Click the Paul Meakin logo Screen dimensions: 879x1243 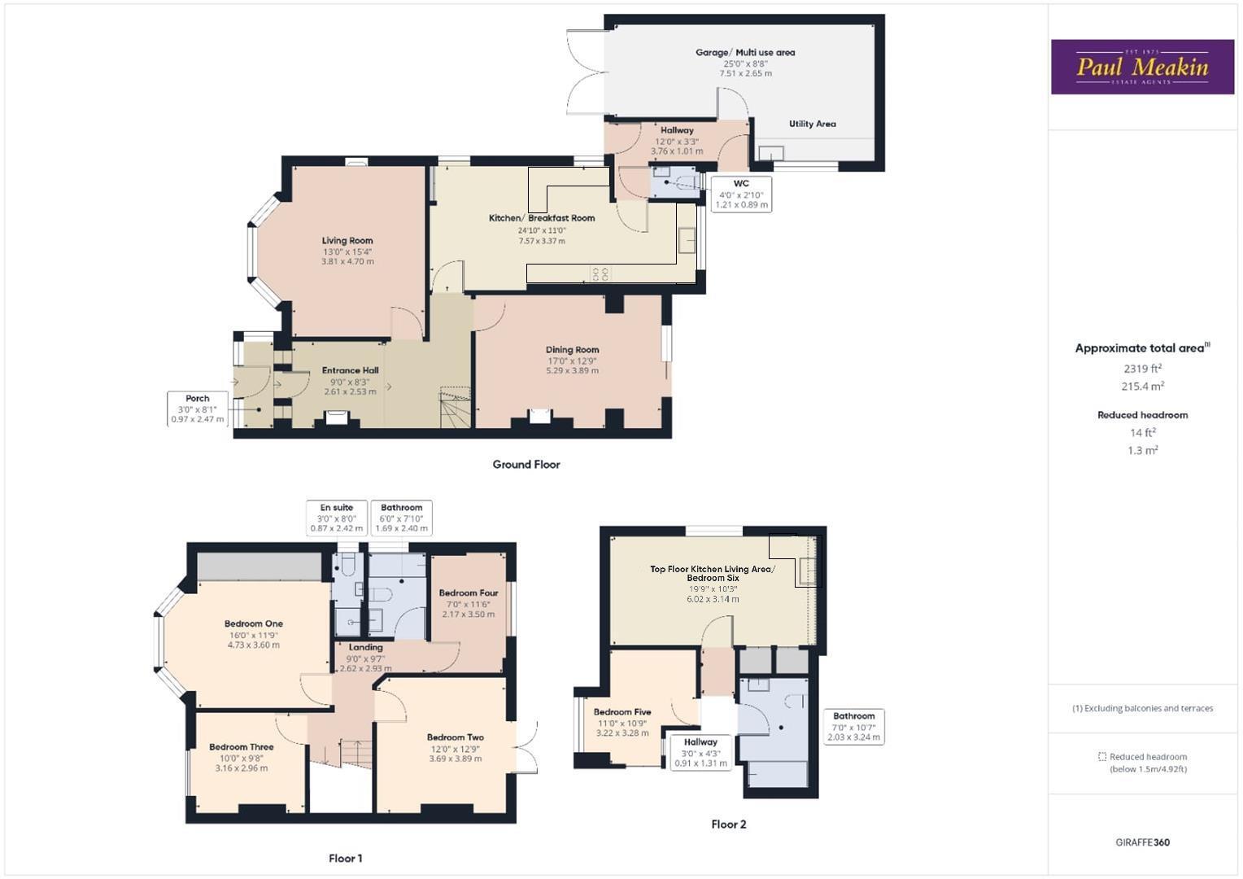pos(1142,67)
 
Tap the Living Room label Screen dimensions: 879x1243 pos(347,241)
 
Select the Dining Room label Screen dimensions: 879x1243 pos(572,350)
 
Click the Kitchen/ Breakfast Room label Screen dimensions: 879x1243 pos(542,218)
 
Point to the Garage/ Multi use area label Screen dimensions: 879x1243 pos(745,53)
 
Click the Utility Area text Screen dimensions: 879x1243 pos(812,125)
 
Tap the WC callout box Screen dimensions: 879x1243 pos(741,195)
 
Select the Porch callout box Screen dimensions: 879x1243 pos(198,409)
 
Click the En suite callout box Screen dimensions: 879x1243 pos(336,518)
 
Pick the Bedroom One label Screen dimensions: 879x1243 pos(254,624)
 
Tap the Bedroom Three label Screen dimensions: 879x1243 pos(241,747)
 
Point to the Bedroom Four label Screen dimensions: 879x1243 pos(469,593)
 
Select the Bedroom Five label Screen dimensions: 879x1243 pos(622,712)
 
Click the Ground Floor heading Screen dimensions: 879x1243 pos(526,465)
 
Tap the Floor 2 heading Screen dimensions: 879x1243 pos(728,824)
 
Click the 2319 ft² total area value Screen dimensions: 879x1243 pos(1142,369)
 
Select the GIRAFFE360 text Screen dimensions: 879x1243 pos(1142,842)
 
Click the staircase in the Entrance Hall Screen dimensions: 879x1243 pos(456,408)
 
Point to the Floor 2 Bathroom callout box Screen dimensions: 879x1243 pos(853,726)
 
